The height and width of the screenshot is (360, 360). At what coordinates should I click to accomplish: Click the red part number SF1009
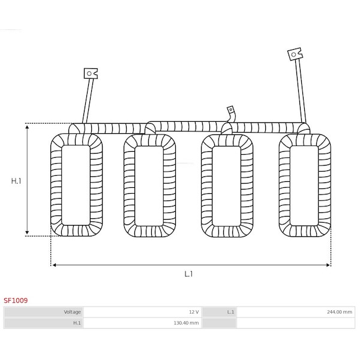(16, 301)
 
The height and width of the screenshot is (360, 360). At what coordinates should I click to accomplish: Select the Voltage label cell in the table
(44, 312)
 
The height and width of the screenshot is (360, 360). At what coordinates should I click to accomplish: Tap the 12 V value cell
(143, 312)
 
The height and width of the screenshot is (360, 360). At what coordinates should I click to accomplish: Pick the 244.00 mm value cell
(295, 312)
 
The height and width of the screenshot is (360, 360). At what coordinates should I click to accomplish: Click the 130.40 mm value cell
(143, 323)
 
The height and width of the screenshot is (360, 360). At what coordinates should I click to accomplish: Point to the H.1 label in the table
(44, 323)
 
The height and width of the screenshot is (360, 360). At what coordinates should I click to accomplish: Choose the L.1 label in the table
(219, 312)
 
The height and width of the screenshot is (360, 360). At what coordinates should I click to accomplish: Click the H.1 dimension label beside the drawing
(16, 181)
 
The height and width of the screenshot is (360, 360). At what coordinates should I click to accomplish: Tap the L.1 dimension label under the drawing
(188, 274)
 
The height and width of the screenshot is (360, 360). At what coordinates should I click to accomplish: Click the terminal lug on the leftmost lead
(91, 73)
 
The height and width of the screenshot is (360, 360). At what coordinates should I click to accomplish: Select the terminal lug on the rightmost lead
(295, 54)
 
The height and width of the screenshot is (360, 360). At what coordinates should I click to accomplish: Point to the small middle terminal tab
(230, 110)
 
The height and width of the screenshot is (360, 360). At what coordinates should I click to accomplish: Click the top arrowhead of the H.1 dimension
(27, 127)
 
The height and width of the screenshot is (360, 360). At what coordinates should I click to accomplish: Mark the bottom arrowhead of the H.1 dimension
(27, 232)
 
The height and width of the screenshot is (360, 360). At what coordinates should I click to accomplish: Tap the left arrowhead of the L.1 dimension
(54, 265)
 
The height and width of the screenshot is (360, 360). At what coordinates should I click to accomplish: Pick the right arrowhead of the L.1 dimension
(328, 265)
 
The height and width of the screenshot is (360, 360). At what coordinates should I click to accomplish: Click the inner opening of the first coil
(76, 185)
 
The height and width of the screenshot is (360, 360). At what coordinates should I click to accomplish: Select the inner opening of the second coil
(149, 186)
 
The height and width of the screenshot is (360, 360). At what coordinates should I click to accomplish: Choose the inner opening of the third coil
(226, 186)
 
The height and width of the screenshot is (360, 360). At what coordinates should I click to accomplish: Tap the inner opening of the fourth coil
(304, 185)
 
